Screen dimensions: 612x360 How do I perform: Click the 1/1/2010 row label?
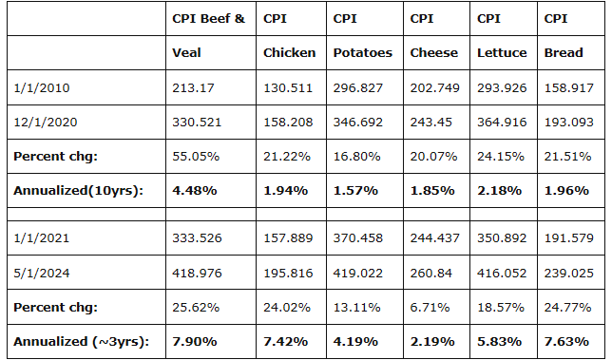point(42,87)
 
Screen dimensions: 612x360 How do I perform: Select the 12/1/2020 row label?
point(46,123)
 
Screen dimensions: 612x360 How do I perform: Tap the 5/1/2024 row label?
point(42,273)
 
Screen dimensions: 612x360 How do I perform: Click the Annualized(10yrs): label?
point(79,191)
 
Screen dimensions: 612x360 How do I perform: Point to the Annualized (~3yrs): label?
point(81,342)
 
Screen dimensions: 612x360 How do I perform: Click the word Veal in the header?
point(186,52)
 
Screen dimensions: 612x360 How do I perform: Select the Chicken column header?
point(289,52)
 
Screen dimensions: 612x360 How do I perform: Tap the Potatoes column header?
point(363,52)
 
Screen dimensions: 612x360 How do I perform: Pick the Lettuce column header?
point(502,52)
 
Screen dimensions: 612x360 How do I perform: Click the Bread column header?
point(564,52)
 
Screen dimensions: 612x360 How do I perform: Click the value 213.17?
point(193,87)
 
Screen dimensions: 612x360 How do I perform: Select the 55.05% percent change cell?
point(196,157)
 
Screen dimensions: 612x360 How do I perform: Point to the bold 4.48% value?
point(195,191)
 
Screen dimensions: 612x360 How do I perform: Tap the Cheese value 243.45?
point(430,123)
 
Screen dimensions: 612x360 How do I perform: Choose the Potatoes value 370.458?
point(358,237)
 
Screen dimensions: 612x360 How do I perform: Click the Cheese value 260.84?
point(430,273)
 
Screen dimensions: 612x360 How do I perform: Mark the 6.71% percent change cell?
point(430,308)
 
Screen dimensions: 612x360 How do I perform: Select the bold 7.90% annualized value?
point(195,342)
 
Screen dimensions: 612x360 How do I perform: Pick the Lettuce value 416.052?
point(502,273)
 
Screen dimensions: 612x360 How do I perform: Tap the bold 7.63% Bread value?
point(566,342)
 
